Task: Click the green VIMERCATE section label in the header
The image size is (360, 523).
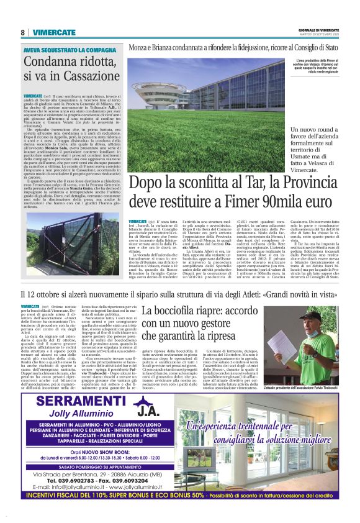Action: click(x=50, y=32)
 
